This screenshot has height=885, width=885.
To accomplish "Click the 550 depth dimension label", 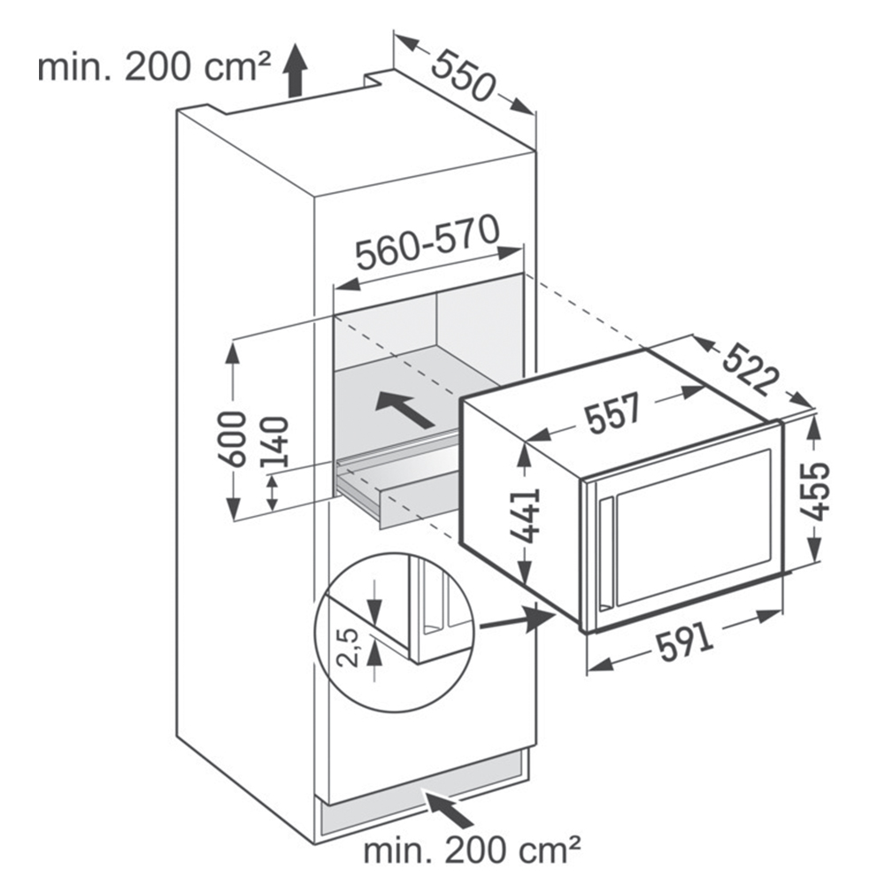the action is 463,75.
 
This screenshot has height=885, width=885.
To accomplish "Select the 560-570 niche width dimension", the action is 428,242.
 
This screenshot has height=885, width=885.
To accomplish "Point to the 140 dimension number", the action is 274,442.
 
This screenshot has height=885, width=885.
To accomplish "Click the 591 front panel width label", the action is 685,643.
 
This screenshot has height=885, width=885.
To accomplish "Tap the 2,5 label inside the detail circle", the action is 350,647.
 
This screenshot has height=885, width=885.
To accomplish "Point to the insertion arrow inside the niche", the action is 404,409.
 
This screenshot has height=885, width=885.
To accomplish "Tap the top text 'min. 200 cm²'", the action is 153,67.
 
